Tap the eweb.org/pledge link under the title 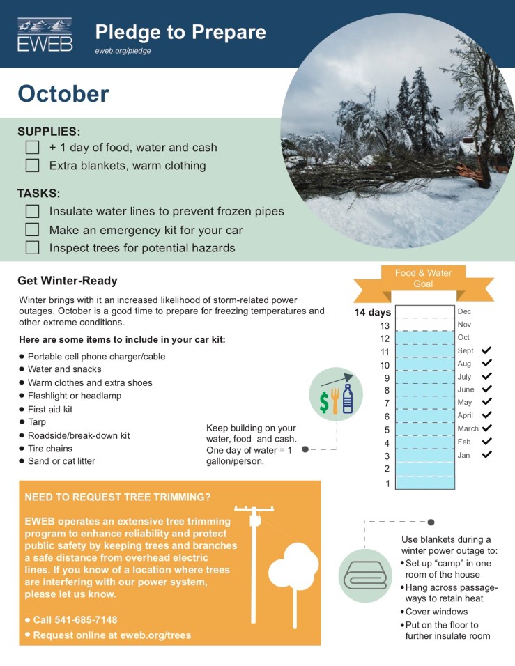123,51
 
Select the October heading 63,93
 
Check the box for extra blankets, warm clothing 32,166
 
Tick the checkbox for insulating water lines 32,211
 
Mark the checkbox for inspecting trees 32,247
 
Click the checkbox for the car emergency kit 32,229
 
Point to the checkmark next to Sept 486,350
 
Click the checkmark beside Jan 486,455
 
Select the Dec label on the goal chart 464,311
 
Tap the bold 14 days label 373,312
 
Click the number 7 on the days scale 387,403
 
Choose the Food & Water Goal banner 423,279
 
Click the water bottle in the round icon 347,398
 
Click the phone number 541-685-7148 75,620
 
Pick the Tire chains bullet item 50,449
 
